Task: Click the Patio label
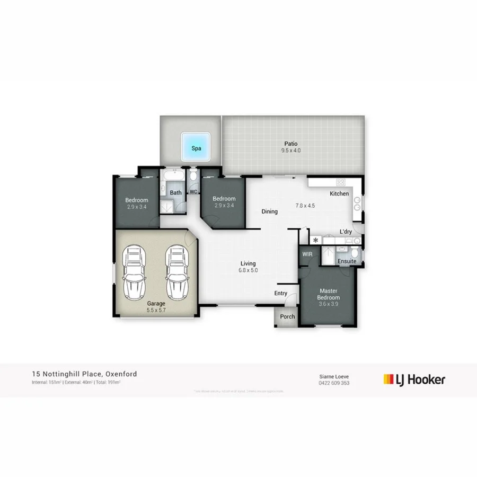coord(290,144)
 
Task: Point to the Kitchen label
coord(339,194)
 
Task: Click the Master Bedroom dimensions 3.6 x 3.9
coord(329,305)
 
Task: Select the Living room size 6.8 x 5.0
coord(248,270)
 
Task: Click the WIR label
coord(307,255)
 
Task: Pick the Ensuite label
coord(347,262)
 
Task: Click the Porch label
coord(287,317)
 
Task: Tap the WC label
coord(193,192)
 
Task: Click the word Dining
coord(269,212)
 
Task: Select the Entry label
coord(280,294)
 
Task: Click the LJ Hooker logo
coord(414,379)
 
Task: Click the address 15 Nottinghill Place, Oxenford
coord(84,374)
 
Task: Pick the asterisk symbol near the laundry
coord(316,241)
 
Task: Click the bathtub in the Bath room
coord(174,175)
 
